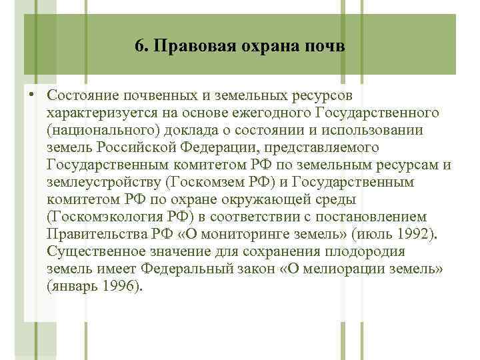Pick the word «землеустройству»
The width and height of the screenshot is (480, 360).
coord(106,182)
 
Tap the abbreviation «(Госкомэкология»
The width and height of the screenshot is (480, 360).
coord(107,217)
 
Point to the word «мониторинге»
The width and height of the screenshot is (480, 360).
coord(223,235)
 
